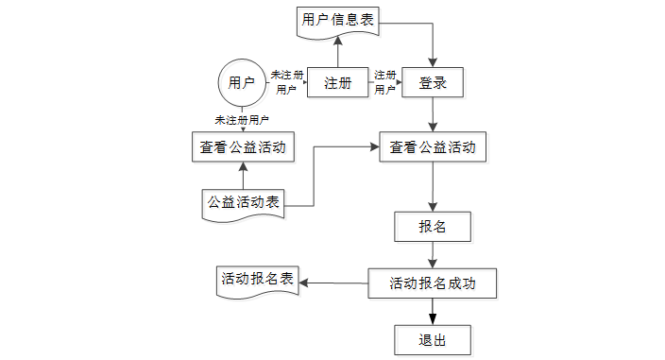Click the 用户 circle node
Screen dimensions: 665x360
(242, 83)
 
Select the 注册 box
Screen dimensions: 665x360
(337, 82)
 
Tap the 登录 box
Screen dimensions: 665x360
(433, 82)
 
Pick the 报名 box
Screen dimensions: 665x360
(433, 227)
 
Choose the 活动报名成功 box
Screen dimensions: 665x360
(433, 283)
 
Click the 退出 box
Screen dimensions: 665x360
(433, 340)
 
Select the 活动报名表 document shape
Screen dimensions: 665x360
(258, 282)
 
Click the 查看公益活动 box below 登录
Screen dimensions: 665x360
(433, 147)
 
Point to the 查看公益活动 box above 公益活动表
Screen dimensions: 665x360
(243, 147)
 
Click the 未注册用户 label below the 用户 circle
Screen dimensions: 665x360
(242, 120)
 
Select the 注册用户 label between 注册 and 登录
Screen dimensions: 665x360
(385, 82)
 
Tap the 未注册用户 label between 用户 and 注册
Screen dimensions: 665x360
(287, 82)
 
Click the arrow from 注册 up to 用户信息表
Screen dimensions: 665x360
(337, 52)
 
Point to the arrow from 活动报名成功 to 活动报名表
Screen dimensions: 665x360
(333, 283)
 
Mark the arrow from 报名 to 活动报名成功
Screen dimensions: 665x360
(433, 255)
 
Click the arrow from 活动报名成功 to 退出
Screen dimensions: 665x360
(433, 312)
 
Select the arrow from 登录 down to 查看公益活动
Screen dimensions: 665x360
(433, 114)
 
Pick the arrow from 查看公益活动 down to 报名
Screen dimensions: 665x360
(433, 187)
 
